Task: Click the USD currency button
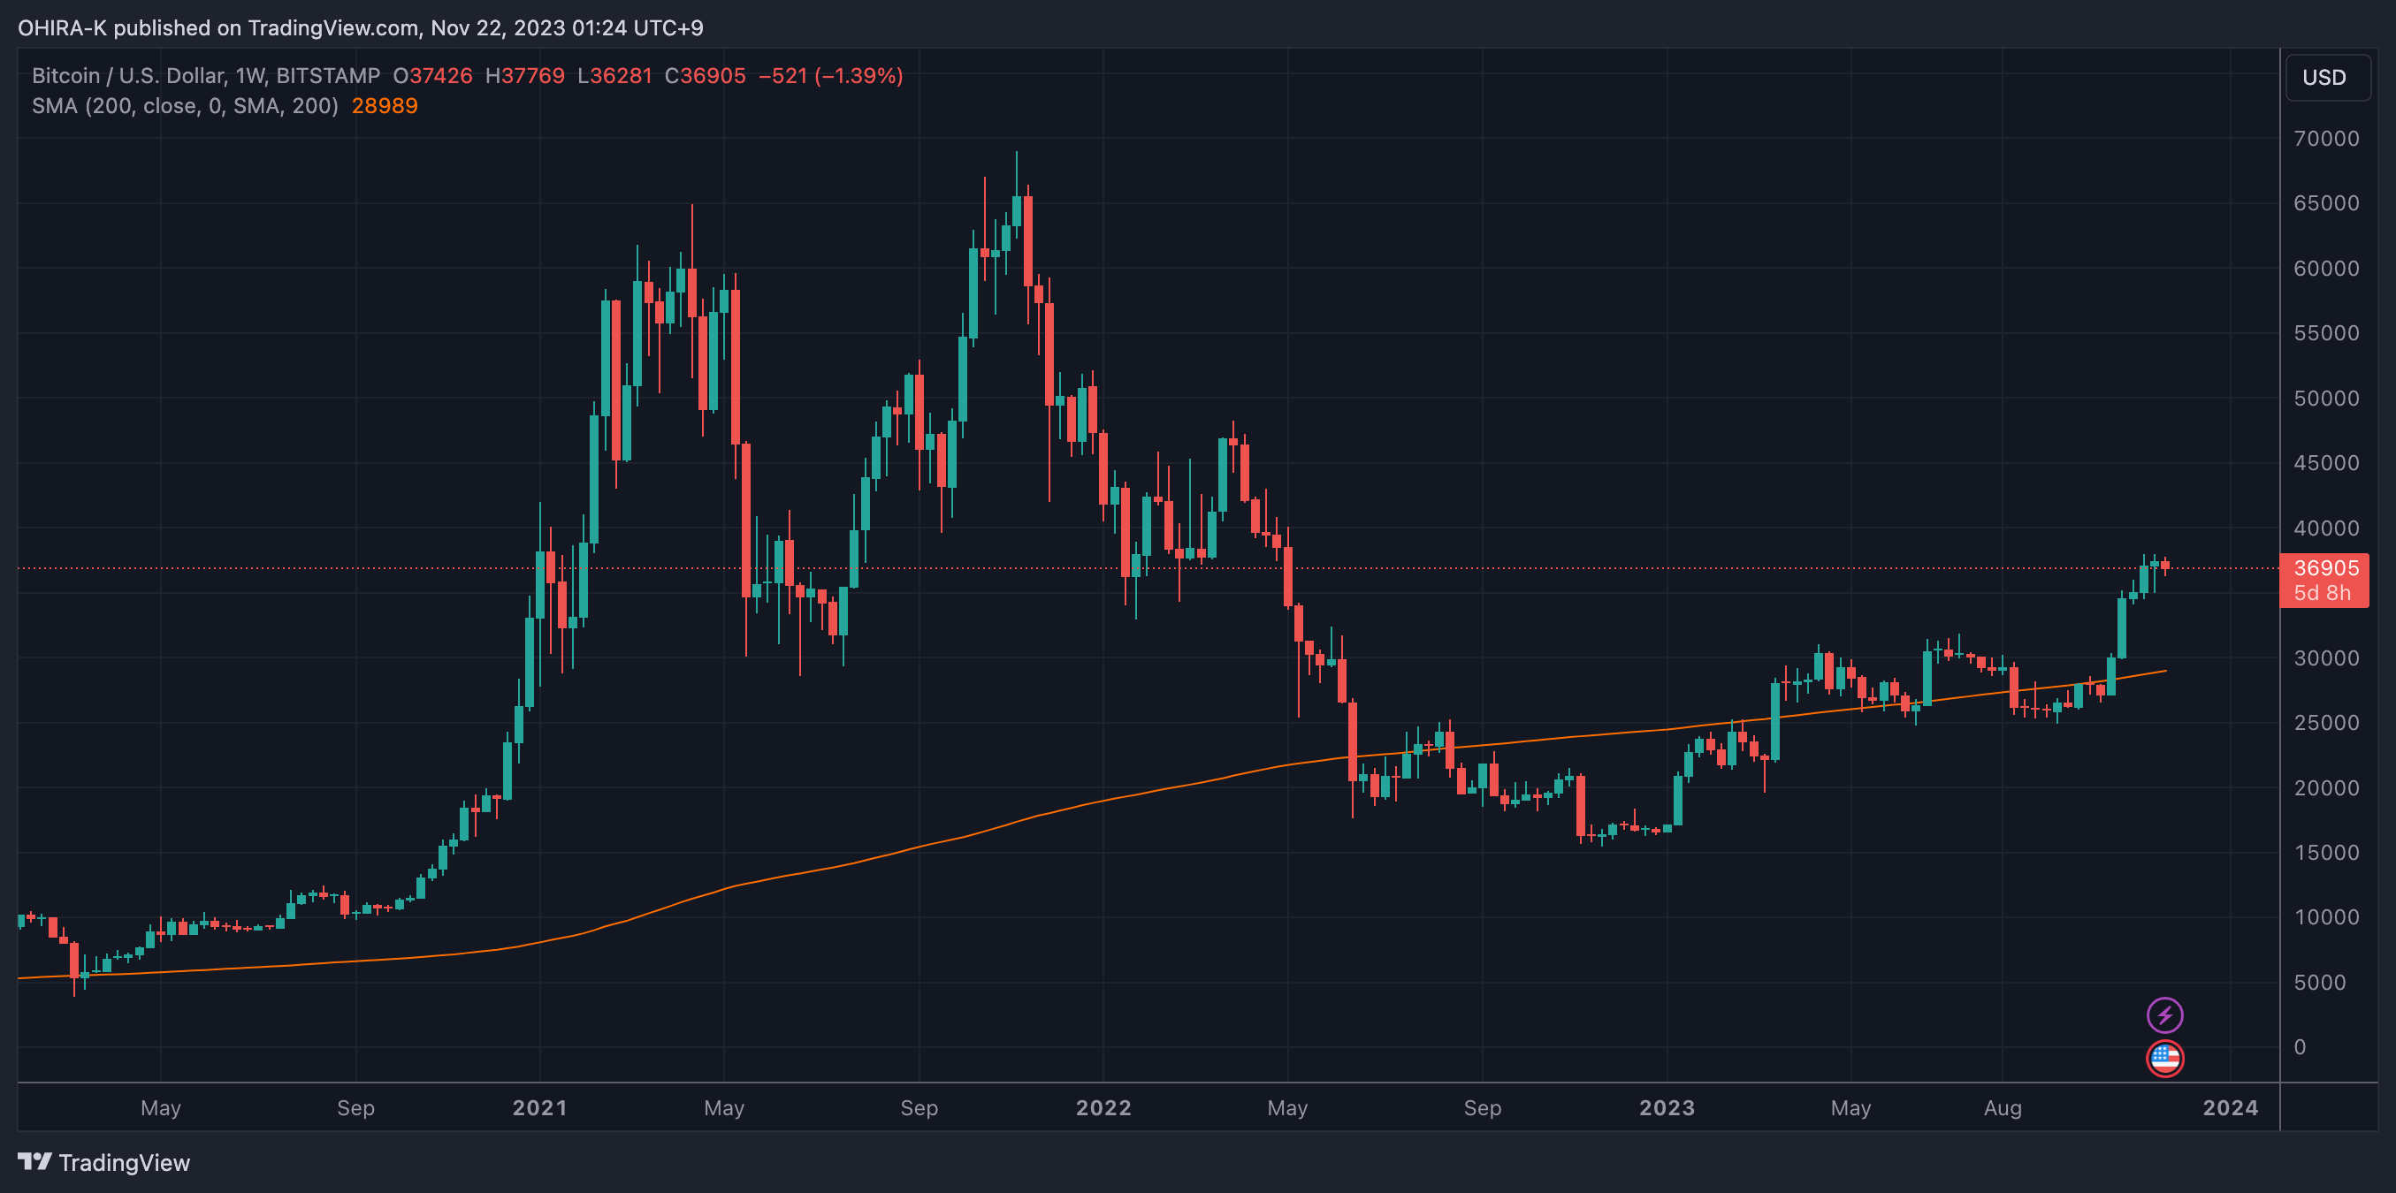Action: (2324, 77)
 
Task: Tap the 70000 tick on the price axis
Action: (2326, 139)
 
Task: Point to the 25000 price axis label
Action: (2326, 723)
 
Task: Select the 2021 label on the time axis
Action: (539, 1107)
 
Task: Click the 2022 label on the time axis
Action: (1103, 1107)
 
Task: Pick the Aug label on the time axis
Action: (2003, 1107)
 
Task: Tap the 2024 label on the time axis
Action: (2230, 1107)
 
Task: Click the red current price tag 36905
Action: (2325, 568)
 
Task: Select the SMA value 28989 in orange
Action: (384, 106)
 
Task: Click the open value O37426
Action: (432, 76)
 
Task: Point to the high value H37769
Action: (524, 76)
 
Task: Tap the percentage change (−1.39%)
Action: (858, 76)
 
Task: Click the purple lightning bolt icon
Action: (2164, 1015)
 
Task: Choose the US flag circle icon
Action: (2164, 1058)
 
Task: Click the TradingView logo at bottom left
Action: (103, 1162)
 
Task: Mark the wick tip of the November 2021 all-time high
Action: (1017, 153)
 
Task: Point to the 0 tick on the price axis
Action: (2300, 1047)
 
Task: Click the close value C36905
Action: (705, 76)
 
